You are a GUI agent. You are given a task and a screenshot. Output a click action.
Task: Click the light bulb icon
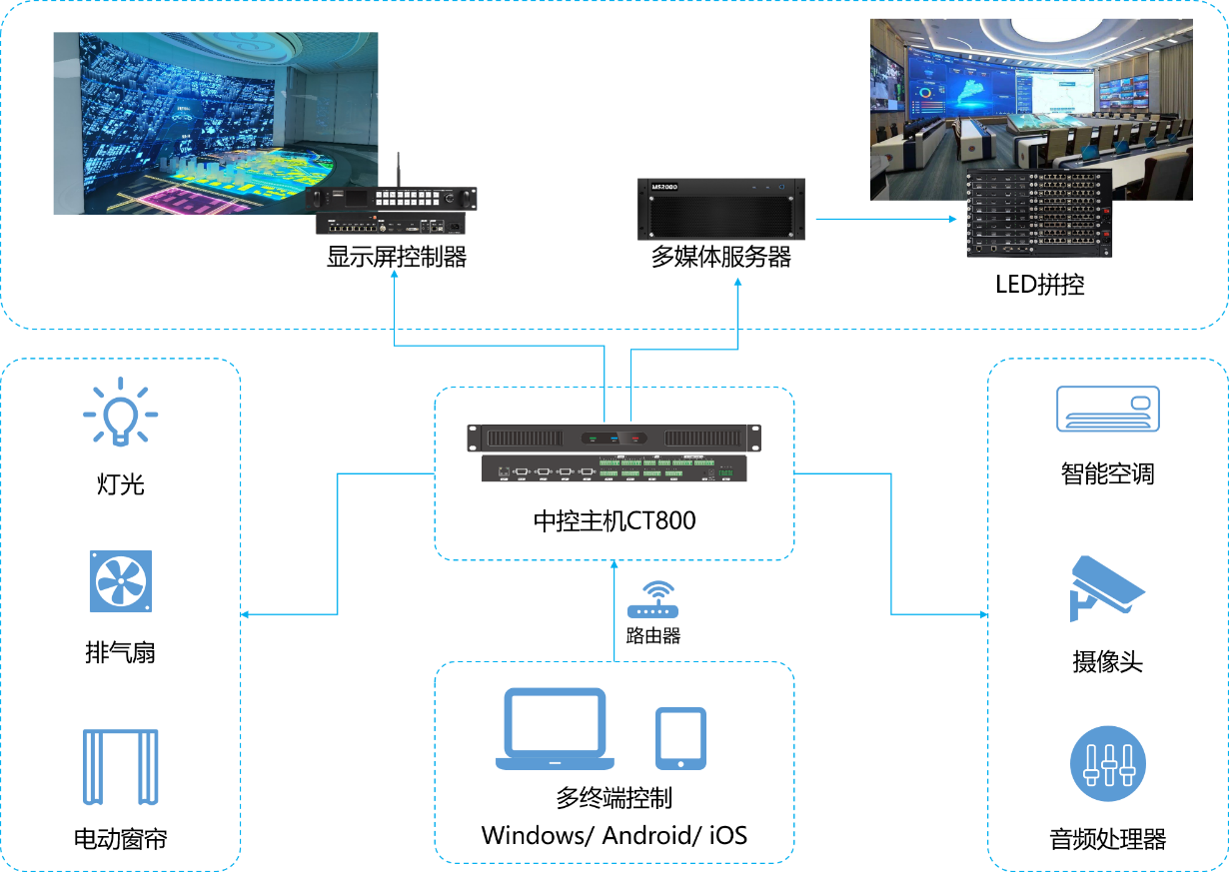coord(120,411)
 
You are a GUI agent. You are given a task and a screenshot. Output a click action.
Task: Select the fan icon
coord(120,580)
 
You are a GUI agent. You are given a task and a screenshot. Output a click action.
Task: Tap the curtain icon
coord(120,767)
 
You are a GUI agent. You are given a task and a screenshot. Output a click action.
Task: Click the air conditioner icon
coord(1108,409)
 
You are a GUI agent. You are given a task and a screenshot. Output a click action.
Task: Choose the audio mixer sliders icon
coord(1108,763)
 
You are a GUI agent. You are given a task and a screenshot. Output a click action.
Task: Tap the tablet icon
coord(680,738)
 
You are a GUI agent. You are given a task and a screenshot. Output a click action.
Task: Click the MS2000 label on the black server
coord(664,187)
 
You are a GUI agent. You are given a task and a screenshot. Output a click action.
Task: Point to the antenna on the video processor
coord(397,170)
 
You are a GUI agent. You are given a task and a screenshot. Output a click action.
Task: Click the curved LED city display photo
coord(215,123)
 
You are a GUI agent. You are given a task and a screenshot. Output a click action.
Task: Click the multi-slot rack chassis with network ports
coord(1039,213)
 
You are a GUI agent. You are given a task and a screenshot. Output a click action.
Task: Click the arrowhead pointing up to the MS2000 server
coord(738,284)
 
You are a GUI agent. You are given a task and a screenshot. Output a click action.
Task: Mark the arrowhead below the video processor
coord(395,274)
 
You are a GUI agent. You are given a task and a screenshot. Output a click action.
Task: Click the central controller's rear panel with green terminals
coord(614,469)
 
